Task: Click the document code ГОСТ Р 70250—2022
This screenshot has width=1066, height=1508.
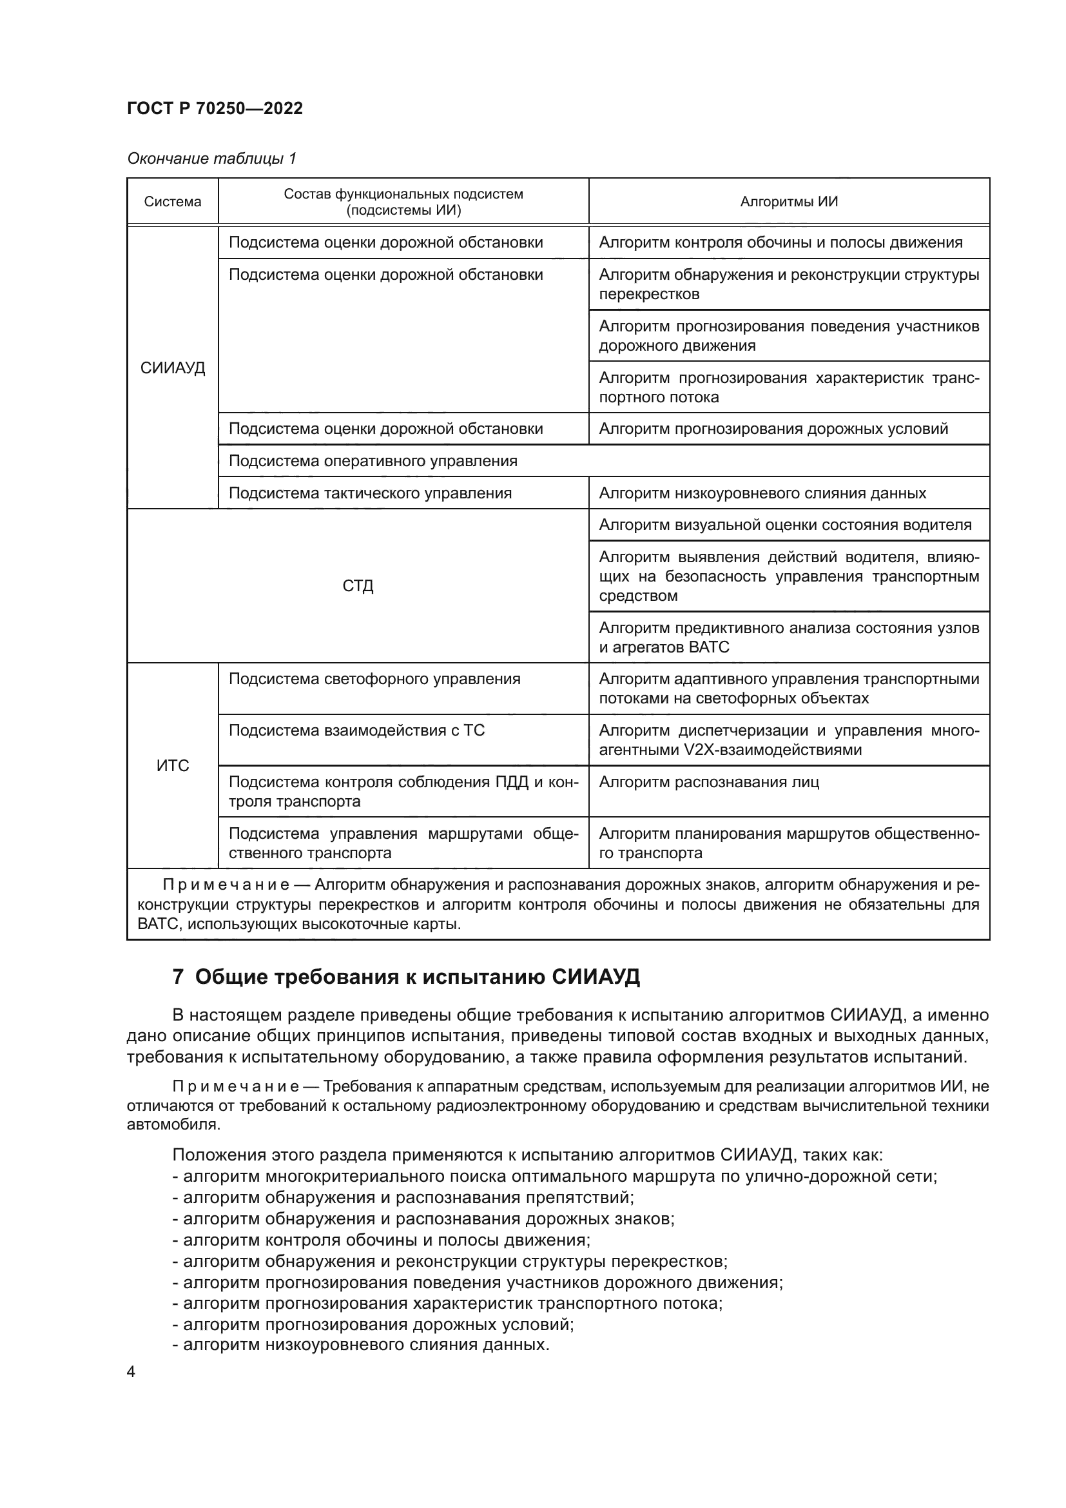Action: coord(215,109)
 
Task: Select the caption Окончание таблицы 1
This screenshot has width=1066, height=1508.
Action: coord(211,159)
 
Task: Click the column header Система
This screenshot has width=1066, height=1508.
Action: coord(173,202)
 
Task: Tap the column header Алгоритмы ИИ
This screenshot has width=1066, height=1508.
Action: coord(788,202)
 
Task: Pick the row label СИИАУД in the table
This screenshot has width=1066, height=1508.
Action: coord(173,367)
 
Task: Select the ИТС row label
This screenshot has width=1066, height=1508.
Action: coord(173,766)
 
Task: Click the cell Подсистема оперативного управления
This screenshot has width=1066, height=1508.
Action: coord(373,461)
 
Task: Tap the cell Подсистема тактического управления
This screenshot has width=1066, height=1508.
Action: coord(369,493)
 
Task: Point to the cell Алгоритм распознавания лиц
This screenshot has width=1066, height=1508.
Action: coord(709,782)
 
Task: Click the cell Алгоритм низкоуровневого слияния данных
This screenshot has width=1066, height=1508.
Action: coord(762,493)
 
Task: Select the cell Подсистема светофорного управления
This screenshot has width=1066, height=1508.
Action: coord(374,679)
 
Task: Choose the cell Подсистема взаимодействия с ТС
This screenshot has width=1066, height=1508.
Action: coord(356,731)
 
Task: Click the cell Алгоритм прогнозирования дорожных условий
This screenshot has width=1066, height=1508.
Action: coord(773,429)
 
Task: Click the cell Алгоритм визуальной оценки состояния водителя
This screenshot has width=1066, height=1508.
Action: coord(785,525)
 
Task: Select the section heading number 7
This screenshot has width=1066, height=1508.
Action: coord(177,978)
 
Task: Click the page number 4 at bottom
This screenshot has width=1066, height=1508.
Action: coord(131,1372)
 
